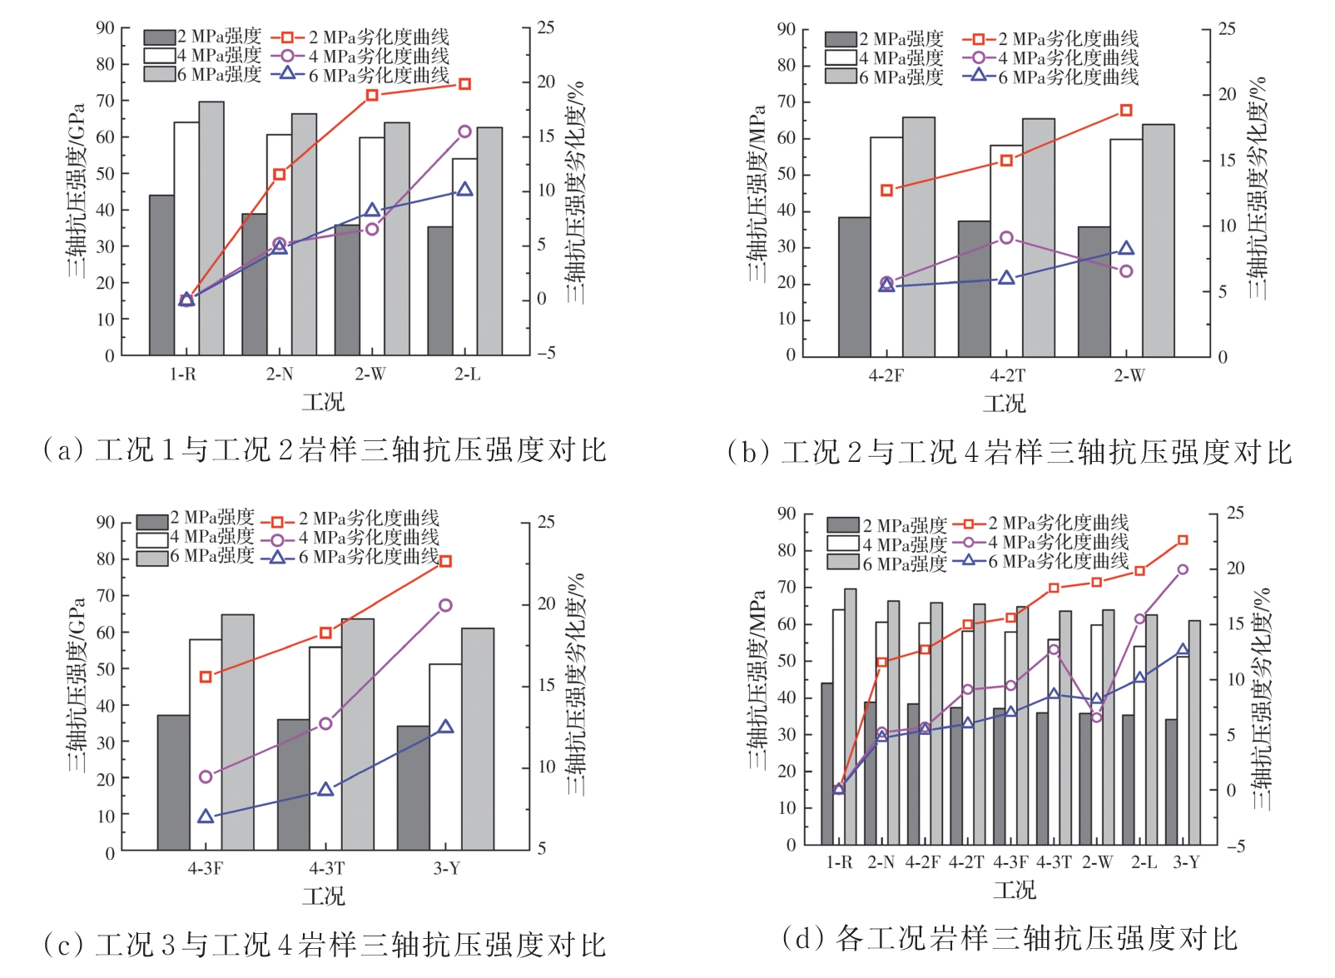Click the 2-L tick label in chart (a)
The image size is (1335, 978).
click(x=467, y=375)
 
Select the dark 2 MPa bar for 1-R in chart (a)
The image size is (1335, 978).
click(x=161, y=275)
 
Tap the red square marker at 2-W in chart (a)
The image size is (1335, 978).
click(x=372, y=95)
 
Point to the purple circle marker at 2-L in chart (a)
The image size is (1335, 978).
click(x=464, y=132)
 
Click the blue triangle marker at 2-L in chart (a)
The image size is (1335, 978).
click(x=464, y=190)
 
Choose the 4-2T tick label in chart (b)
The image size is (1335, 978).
click(x=1007, y=376)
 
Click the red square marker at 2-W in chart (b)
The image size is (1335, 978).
click(x=1126, y=111)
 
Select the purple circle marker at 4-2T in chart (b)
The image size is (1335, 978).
click(x=1007, y=238)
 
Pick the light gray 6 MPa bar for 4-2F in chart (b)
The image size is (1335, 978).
click(x=919, y=237)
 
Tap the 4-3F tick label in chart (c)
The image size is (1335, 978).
click(x=205, y=869)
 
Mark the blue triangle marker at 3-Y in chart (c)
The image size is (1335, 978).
click(x=445, y=727)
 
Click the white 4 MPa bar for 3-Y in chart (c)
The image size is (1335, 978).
click(x=445, y=757)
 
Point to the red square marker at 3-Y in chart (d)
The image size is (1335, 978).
click(x=1183, y=540)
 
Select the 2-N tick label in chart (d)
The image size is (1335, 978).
click(x=881, y=863)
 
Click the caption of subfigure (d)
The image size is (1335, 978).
click(x=1010, y=939)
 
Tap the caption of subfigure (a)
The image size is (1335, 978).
click(x=325, y=450)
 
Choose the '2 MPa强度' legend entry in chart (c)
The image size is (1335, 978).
click(x=196, y=519)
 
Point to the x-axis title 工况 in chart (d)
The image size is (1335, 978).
click(x=1015, y=891)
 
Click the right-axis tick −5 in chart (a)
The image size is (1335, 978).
click(x=545, y=354)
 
